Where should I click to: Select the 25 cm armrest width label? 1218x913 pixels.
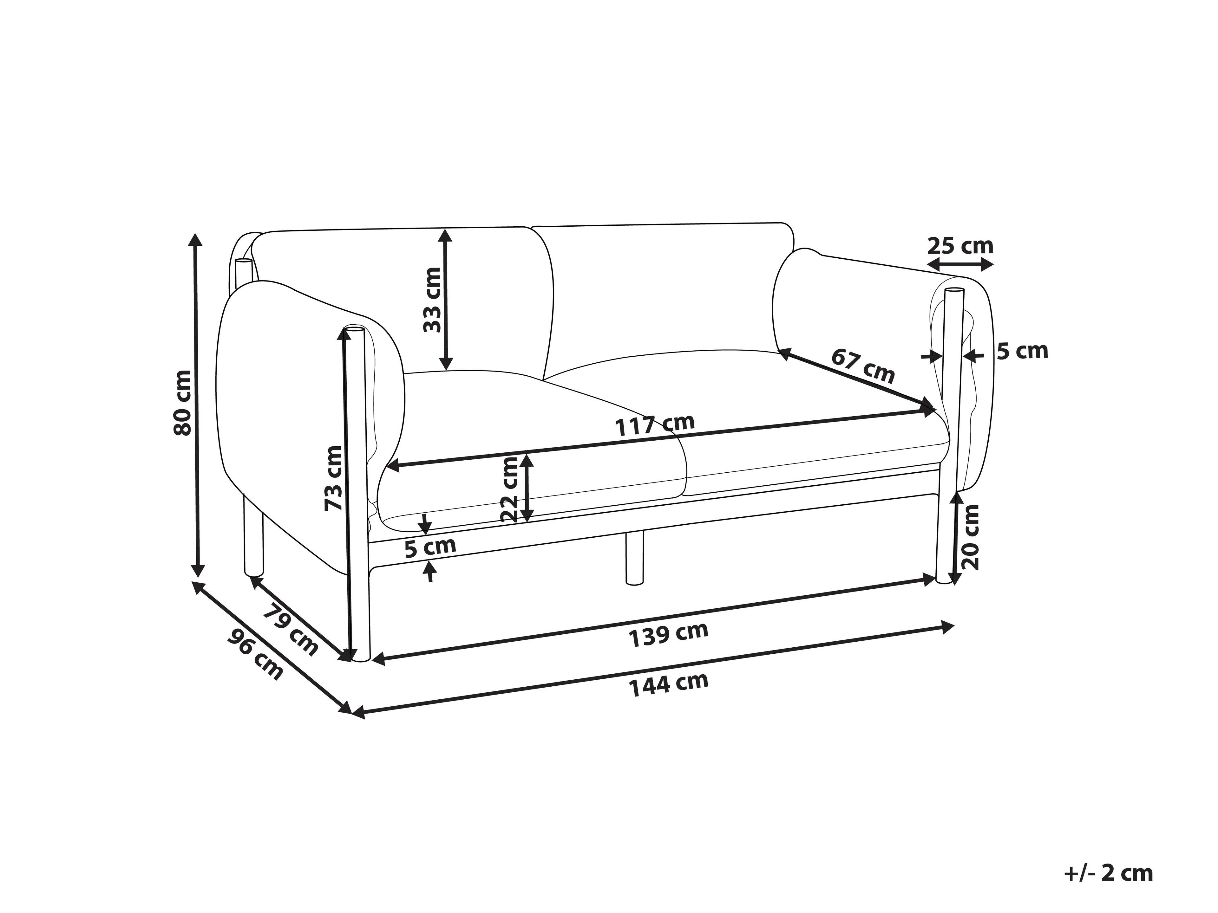(960, 245)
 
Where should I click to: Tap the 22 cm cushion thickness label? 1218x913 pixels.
(510, 489)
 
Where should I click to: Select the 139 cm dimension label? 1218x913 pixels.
(668, 635)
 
